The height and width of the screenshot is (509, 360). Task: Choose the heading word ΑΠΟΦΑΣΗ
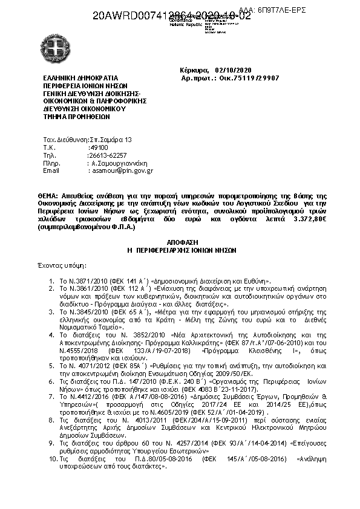179,240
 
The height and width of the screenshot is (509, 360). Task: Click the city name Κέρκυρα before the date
193,70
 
